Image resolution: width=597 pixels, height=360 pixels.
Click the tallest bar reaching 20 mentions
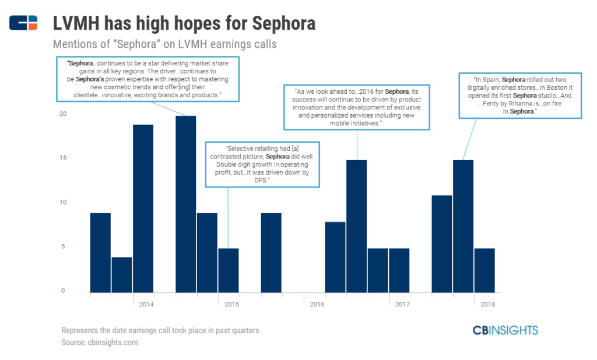tap(185, 204)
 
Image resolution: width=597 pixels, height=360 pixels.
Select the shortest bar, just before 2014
tap(121, 274)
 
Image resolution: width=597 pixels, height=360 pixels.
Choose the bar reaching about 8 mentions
tap(335, 257)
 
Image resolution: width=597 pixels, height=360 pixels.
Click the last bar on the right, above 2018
tap(484, 270)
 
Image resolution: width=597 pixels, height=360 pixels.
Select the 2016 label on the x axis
tap(317, 304)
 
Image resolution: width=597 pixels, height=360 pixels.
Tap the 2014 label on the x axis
tap(146, 304)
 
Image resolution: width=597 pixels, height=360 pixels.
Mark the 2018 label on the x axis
tap(487, 304)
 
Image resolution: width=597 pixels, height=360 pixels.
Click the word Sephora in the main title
tap(283, 23)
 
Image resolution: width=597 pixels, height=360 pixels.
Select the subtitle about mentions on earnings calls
tap(164, 44)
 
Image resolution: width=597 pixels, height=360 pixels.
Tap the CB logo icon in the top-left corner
tap(23, 23)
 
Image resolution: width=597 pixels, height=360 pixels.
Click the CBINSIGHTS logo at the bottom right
tap(505, 330)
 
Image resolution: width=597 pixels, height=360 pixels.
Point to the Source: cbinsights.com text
tap(100, 343)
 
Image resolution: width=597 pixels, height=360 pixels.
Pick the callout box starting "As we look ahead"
tap(357, 107)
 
